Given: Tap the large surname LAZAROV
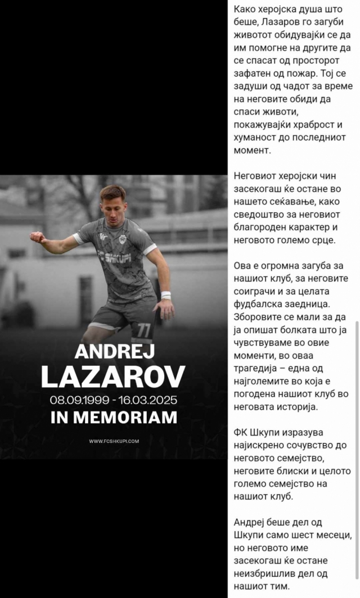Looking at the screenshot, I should pos(112,377).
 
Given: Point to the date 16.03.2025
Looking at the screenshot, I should pos(148,400).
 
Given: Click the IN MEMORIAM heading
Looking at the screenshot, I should pos(113,417).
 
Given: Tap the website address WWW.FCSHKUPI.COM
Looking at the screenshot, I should pos(114,441).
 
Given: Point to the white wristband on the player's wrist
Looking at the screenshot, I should pos(165,295).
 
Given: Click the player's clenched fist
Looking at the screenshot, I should pos(38,237).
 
